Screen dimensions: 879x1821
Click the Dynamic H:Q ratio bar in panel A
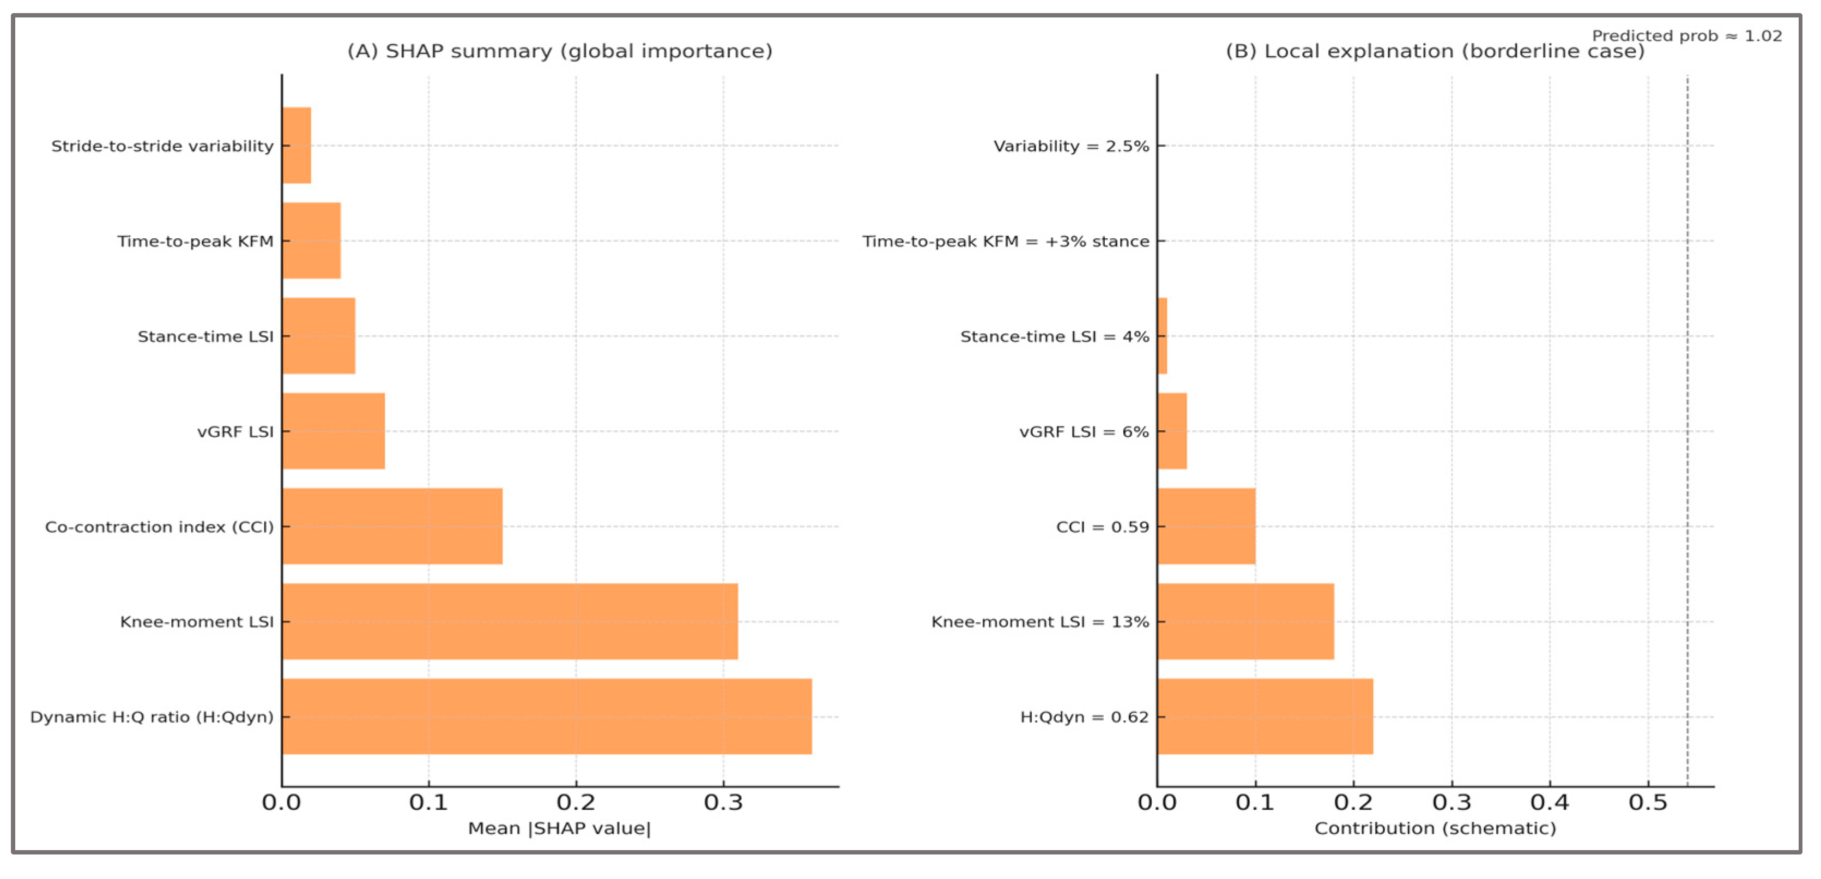547,717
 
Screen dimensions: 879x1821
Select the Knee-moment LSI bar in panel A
510,621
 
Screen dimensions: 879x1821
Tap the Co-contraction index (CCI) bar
392,526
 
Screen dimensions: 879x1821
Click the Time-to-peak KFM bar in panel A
312,240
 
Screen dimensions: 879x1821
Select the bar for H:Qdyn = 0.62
1265,717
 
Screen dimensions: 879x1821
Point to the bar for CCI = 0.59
1206,526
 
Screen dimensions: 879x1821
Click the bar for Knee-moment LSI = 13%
1245,621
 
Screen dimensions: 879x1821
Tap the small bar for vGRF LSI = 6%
1172,431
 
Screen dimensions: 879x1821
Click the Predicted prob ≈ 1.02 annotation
1686,35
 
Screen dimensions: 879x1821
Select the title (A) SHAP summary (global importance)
560,51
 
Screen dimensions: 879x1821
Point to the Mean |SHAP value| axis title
559,828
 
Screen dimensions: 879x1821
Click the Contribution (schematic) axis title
1435,828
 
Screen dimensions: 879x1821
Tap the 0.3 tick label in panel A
723,803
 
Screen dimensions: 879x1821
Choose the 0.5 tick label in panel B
1648,803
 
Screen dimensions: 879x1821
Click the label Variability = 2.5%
1071,146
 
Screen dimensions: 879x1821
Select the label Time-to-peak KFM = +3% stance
1005,241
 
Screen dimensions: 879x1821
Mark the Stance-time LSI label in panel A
205,336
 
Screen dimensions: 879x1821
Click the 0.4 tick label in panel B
1550,803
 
